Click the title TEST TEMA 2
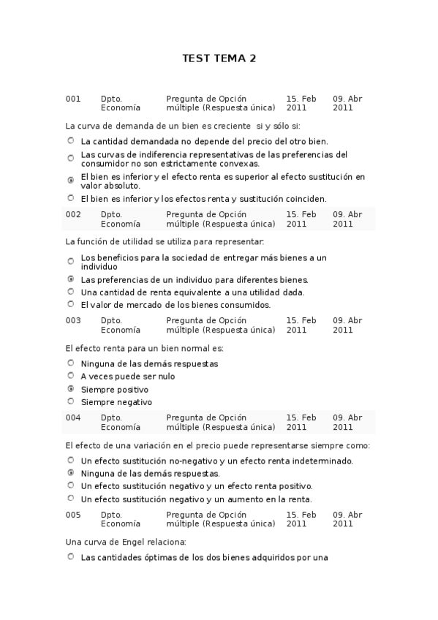point(219,59)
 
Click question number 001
point(73,99)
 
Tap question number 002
point(73,214)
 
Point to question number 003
point(73,320)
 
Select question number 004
point(73,417)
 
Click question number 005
point(73,515)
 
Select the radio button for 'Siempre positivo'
point(71,389)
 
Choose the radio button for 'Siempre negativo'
point(71,401)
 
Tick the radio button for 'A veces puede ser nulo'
point(71,376)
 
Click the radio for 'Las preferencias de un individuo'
point(71,279)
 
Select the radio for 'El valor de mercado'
point(71,304)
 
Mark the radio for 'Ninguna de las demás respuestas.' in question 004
point(71,473)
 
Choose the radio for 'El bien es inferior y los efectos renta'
point(71,198)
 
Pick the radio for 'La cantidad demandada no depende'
point(71,141)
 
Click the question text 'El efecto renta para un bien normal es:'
point(145,348)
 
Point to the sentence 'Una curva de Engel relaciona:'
point(126,542)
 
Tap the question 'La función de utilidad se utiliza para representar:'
point(165,241)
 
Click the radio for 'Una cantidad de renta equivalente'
point(71,292)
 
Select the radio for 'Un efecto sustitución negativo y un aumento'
point(71,499)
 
